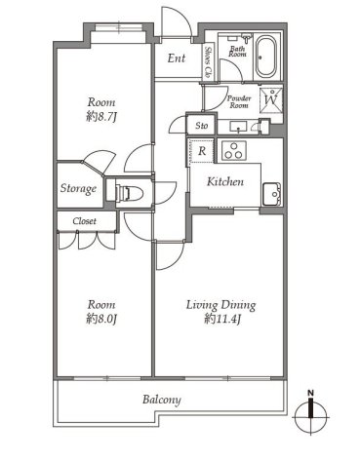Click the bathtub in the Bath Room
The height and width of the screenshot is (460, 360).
pos(265,57)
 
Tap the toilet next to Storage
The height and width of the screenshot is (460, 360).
pos(130,193)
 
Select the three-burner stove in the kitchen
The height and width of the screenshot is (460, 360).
pos(234,151)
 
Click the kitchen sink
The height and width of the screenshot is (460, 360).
pos(271,194)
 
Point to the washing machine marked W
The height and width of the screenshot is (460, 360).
pos(271,100)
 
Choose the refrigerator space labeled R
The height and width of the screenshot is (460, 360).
pos(202,151)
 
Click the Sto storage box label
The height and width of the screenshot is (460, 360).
pos(202,126)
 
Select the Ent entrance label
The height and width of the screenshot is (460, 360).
pos(177,58)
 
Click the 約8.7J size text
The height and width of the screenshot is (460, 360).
pos(101,117)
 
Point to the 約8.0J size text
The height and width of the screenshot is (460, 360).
pos(101,320)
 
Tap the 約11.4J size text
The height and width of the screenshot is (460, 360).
pos(222,320)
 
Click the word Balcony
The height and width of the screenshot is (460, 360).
pos(162,400)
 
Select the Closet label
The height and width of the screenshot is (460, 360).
pos(85,221)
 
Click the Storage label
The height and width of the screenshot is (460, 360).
pos(78,189)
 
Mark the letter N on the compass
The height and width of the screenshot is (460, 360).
pos(311,393)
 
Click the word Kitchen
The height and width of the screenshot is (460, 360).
pos(225,181)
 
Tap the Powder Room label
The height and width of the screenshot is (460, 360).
pos(239,101)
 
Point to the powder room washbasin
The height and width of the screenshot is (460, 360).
pos(238,127)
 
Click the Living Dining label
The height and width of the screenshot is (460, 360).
pos(221,305)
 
